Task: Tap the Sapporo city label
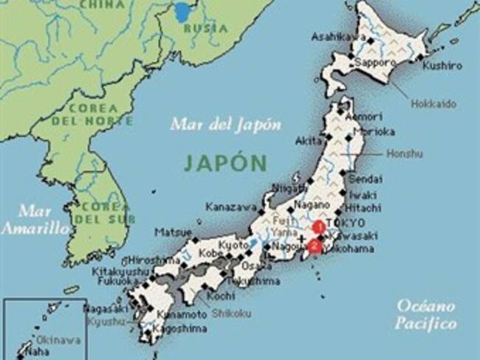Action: point(373,63)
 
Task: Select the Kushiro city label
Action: point(442,66)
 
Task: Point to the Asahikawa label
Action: point(340,36)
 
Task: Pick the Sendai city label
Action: point(366,179)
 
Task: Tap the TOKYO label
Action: point(349,223)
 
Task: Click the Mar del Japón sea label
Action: point(226,124)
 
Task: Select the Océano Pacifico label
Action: point(426,314)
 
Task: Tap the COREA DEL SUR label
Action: point(106,212)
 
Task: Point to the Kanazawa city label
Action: point(231,207)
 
